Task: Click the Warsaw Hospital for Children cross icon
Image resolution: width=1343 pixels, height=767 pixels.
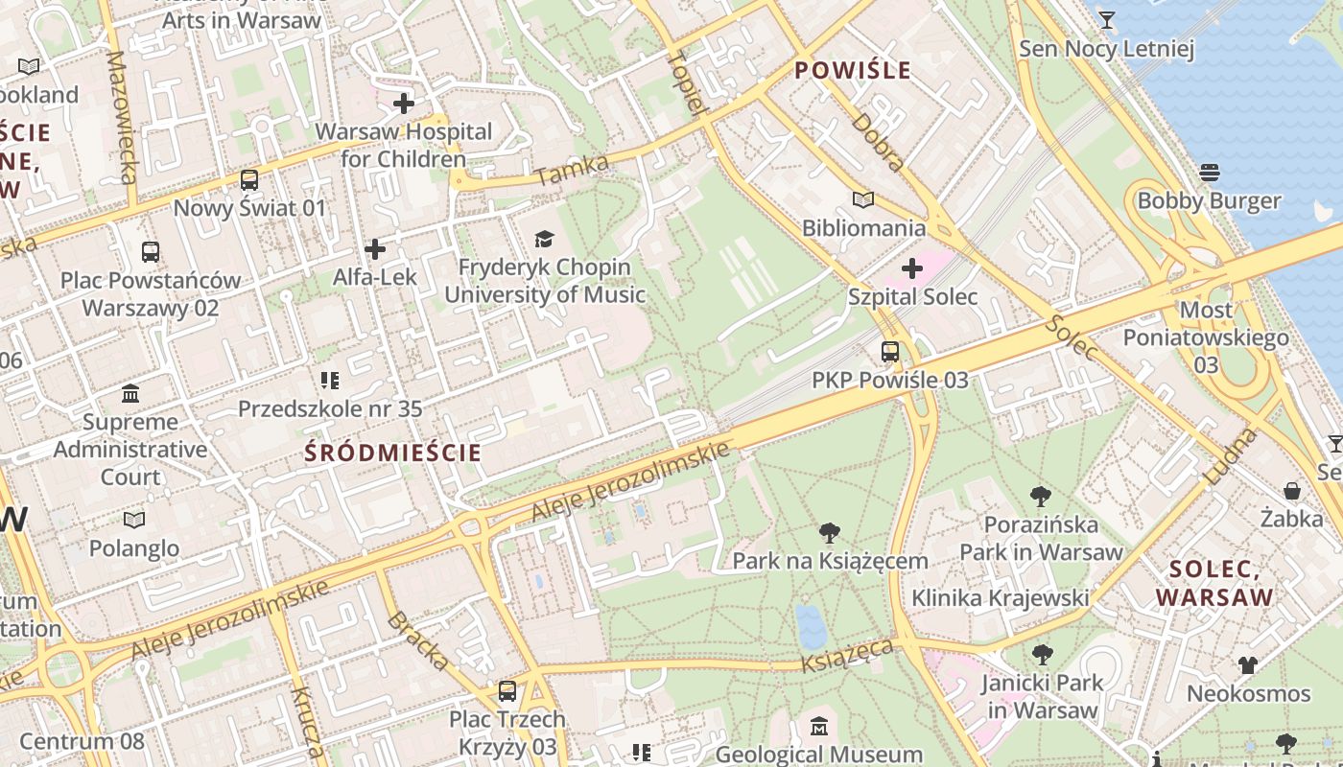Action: (404, 103)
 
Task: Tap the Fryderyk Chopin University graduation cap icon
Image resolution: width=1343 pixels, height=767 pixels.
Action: (544, 239)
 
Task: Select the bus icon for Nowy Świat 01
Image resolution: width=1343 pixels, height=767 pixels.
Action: (249, 179)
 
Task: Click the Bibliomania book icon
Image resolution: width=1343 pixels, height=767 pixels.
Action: (863, 199)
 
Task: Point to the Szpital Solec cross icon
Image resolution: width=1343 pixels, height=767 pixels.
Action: (912, 267)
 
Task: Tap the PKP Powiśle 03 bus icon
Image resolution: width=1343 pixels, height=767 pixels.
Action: (890, 352)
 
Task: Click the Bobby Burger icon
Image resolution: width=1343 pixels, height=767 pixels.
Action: (1209, 173)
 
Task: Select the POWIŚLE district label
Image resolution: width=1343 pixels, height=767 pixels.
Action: (853, 70)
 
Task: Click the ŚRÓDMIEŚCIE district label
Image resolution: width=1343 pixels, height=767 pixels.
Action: (393, 453)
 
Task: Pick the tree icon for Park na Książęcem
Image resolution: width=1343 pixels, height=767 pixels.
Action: (830, 532)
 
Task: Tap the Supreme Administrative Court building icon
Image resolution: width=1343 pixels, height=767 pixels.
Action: (130, 393)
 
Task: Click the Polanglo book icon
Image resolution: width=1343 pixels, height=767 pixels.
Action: (134, 520)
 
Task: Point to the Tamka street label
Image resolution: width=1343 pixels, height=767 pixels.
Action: (573, 170)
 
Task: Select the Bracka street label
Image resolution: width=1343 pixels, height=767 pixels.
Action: (418, 639)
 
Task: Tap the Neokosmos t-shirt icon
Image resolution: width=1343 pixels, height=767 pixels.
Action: (1247, 664)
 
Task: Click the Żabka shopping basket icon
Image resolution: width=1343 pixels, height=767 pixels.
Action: (1292, 491)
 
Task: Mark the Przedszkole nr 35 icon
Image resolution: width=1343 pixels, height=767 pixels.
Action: (330, 381)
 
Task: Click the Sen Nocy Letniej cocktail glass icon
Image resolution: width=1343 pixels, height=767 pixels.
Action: (1106, 20)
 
